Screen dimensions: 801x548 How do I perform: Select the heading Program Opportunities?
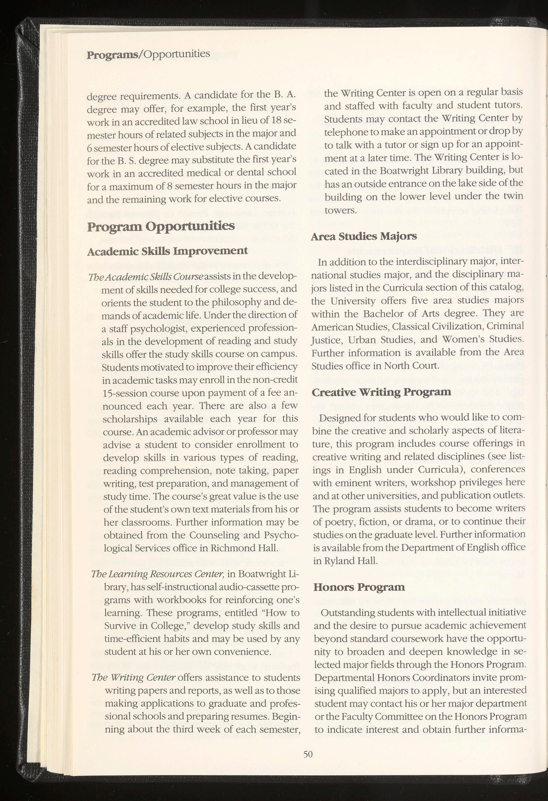click(x=161, y=227)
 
